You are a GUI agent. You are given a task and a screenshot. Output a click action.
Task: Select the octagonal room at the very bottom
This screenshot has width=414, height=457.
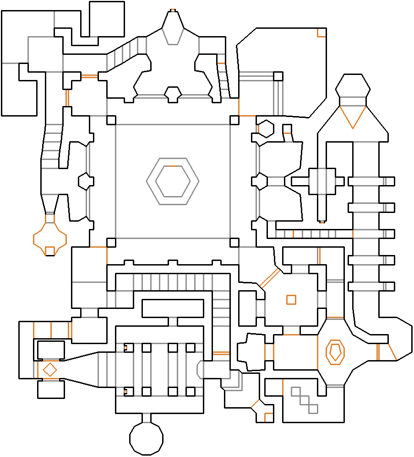147,439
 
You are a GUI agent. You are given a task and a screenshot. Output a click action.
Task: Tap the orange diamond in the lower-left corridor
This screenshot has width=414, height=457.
49,369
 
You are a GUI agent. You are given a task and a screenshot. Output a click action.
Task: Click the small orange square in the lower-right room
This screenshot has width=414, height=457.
291,300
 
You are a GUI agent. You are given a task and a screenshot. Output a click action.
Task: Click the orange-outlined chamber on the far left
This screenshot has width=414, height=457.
50,238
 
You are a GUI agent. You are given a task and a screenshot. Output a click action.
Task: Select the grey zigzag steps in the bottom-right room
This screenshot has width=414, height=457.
305,399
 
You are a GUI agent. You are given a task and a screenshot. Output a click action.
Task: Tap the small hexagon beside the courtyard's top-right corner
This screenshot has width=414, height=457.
265,128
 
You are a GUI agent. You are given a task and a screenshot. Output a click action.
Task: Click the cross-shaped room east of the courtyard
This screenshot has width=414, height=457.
322,181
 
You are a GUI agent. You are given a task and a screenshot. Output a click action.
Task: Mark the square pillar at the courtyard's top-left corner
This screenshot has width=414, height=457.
111,120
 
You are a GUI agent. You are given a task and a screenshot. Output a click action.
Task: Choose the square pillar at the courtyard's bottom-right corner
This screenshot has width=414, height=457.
234,242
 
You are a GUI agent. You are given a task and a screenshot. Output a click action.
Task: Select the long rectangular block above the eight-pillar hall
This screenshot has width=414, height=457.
173,308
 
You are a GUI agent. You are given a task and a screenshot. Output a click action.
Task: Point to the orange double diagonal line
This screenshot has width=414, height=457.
270,278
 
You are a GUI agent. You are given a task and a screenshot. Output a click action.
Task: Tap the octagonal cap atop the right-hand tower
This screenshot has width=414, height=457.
353,86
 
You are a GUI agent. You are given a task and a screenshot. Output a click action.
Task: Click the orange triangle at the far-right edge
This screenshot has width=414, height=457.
392,352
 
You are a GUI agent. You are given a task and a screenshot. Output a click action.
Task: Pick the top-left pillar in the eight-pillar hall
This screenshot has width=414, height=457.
128,348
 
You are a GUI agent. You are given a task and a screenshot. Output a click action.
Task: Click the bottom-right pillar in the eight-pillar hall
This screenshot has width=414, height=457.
190,391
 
